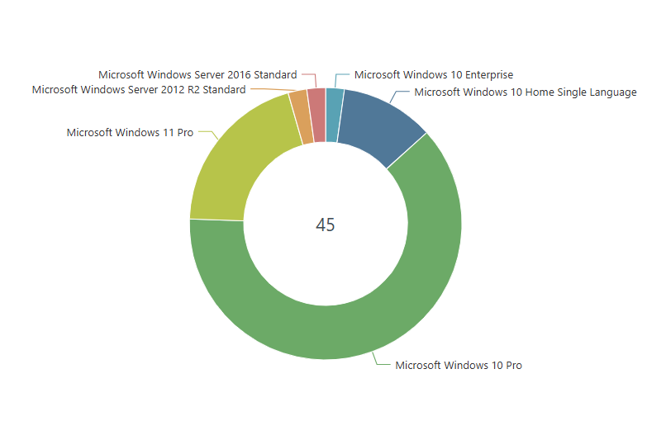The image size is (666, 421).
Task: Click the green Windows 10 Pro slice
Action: pyautogui.click(x=397, y=297)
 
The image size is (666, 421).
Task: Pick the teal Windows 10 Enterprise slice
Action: pyautogui.click(x=334, y=115)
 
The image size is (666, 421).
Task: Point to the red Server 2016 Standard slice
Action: pyautogui.click(x=316, y=115)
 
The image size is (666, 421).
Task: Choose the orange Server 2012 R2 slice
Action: pyautogui.click(x=300, y=118)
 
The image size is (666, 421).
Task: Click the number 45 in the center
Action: pyautogui.click(x=326, y=225)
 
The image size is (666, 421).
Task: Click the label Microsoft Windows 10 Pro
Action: pyautogui.click(x=459, y=365)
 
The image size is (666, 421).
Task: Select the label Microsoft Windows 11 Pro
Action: pyautogui.click(x=130, y=132)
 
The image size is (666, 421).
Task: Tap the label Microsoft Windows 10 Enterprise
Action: pyautogui.click(x=433, y=75)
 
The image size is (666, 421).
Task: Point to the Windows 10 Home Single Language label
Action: pyautogui.click(x=525, y=92)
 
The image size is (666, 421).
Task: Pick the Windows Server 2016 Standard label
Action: pyautogui.click(x=197, y=75)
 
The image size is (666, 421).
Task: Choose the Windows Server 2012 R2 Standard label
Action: pyautogui.click(x=139, y=90)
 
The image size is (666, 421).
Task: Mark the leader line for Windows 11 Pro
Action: pyautogui.click(x=208, y=134)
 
